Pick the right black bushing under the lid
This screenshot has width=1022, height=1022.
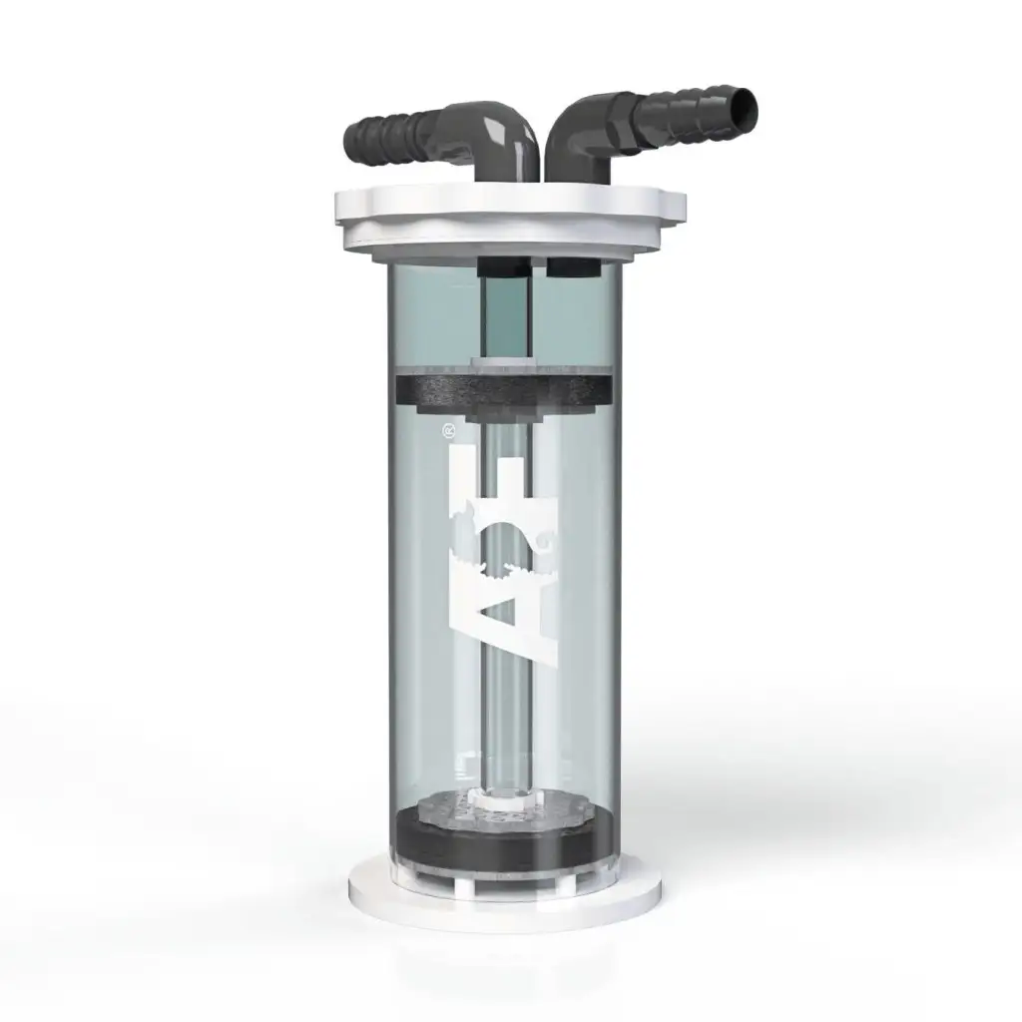[x=572, y=266]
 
